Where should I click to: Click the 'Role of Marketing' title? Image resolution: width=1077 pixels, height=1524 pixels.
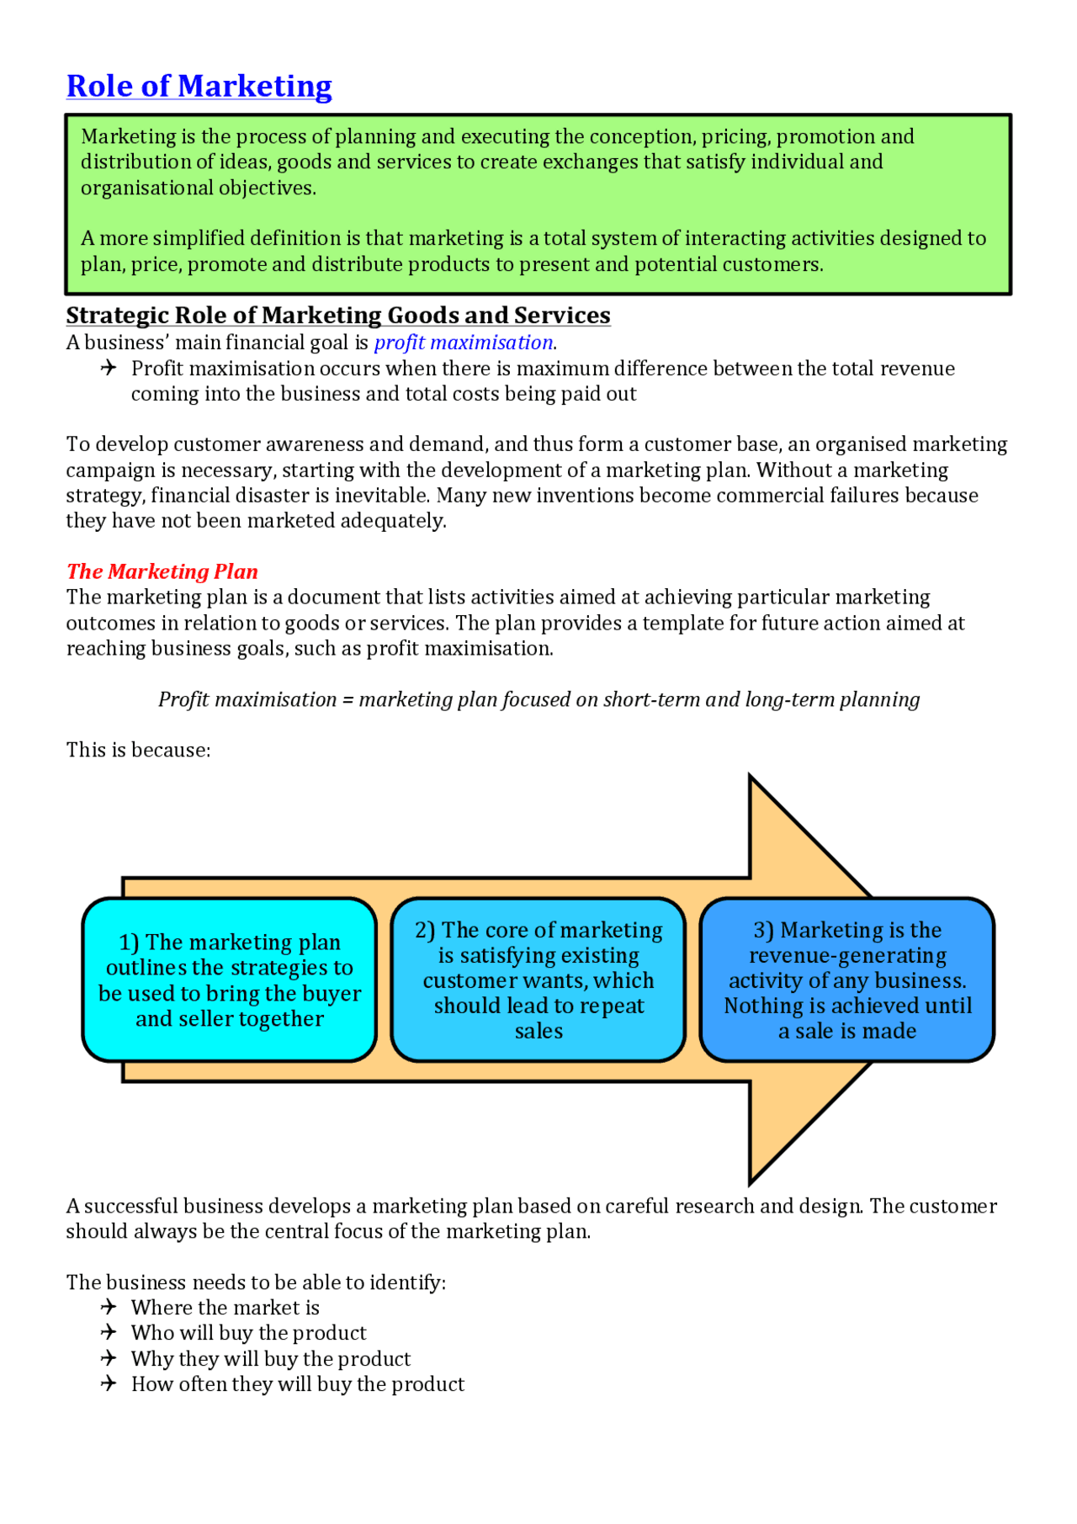[199, 86]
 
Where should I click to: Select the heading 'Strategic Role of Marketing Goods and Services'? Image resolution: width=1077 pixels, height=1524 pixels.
[338, 315]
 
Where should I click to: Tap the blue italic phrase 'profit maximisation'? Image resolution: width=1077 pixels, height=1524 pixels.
[464, 343]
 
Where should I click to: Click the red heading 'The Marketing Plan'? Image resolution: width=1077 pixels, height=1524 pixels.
[162, 571]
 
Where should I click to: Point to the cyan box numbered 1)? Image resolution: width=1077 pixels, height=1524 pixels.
[229, 980]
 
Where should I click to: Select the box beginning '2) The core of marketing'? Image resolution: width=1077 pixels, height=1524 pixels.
[538, 980]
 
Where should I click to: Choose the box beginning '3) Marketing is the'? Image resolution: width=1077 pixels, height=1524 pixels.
[847, 980]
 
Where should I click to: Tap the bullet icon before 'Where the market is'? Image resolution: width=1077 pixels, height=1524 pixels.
[109, 1307]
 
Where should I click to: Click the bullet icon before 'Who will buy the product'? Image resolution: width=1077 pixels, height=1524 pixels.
[109, 1332]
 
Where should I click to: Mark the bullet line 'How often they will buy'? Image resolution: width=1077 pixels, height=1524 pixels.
[297, 1384]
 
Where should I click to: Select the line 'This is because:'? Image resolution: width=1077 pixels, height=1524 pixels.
[139, 750]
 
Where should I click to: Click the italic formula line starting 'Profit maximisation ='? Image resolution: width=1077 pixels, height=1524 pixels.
[538, 699]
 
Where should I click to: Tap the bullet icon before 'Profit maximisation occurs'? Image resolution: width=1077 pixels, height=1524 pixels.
[109, 368]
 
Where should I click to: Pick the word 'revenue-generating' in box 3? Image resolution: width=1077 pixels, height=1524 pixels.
[847, 955]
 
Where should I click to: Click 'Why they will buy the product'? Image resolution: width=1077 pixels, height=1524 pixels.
[270, 1359]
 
